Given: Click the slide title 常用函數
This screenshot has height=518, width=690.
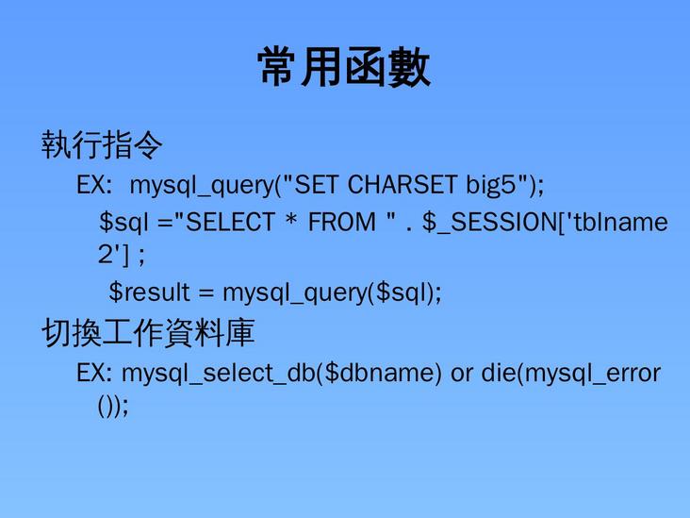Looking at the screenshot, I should (x=344, y=69).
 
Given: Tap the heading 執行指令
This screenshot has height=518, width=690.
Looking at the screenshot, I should (x=102, y=146).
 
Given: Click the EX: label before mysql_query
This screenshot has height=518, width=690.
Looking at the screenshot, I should (x=95, y=184).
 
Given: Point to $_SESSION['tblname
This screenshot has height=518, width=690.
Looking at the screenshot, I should (x=545, y=223).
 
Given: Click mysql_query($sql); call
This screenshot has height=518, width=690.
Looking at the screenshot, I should (x=331, y=292).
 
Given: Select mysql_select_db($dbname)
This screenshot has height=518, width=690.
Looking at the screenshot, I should (x=282, y=373).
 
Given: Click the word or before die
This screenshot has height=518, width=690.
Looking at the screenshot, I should (x=462, y=373).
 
